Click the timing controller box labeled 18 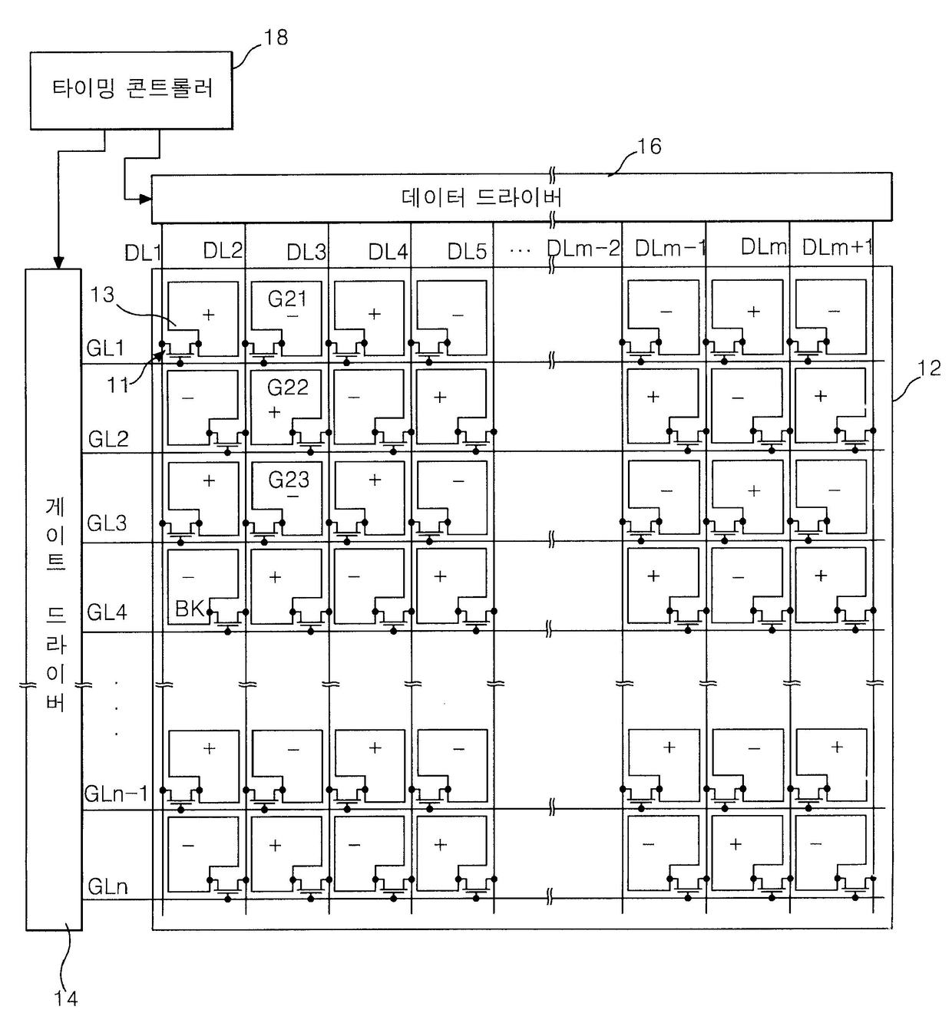point(131,90)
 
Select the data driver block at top point(521,197)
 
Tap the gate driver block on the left point(54,599)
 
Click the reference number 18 point(276,38)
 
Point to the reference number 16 point(649,147)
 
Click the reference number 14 point(66,998)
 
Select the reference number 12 point(929,368)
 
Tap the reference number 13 point(102,295)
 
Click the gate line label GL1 point(105,348)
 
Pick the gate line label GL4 point(107,612)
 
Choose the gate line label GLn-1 point(116,794)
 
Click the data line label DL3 point(306,252)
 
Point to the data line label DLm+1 point(838,247)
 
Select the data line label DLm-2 point(583,249)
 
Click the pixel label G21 point(287,299)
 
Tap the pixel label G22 point(287,388)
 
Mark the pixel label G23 point(289,480)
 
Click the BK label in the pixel point(190,609)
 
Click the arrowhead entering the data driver point(146,200)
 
